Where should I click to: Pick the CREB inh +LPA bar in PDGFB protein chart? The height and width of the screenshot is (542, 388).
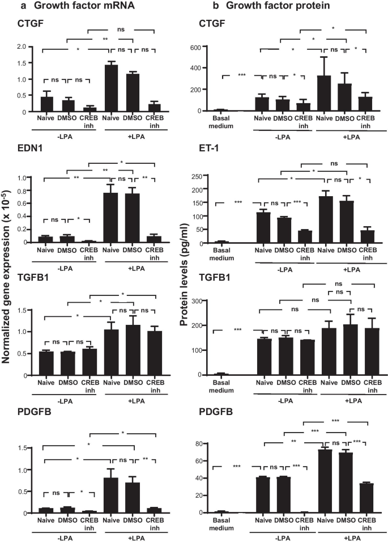point(359,498)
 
